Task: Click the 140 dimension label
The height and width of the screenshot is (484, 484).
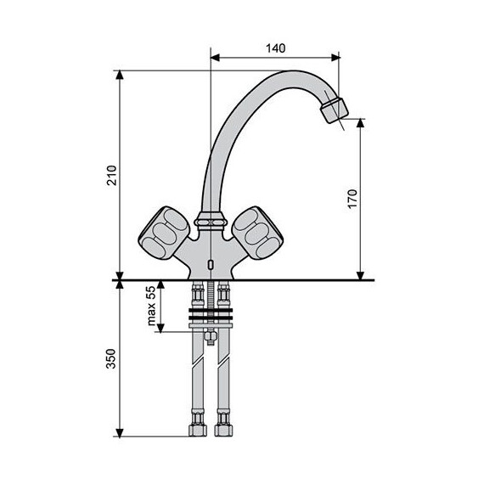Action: [x=274, y=48]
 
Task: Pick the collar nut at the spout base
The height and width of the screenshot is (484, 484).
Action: [x=209, y=222]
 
